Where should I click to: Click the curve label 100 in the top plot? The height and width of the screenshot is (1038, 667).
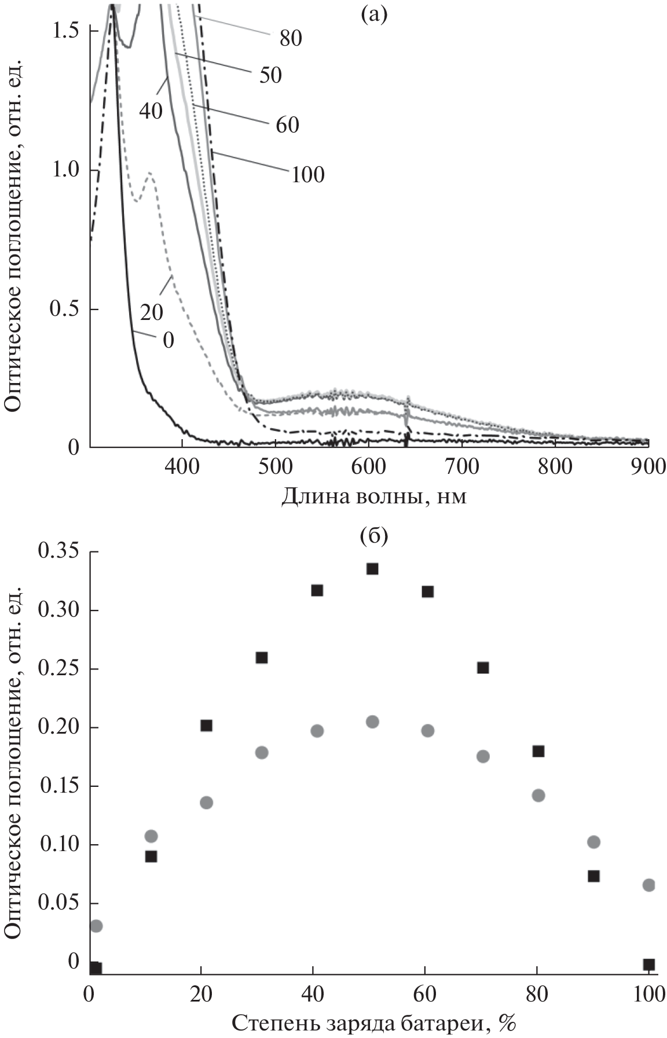pyautogui.click(x=307, y=174)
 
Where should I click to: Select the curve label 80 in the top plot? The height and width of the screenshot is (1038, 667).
pyautogui.click(x=291, y=38)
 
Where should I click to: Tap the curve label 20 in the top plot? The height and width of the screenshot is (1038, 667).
pyautogui.click(x=152, y=312)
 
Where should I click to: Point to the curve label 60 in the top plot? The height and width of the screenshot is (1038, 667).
pyautogui.click(x=287, y=124)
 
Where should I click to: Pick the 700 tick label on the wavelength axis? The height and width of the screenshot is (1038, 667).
pyautogui.click(x=461, y=467)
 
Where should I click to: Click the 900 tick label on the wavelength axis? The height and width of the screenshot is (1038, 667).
pyautogui.click(x=647, y=467)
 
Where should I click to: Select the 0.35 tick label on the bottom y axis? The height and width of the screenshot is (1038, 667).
pyautogui.click(x=58, y=553)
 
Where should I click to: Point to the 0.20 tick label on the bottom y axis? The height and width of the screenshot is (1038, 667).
pyautogui.click(x=58, y=728)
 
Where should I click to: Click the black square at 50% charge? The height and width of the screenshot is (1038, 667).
pyautogui.click(x=372, y=569)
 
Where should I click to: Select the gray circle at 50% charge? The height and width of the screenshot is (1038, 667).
pyautogui.click(x=372, y=722)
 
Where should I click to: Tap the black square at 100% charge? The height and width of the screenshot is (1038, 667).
pyautogui.click(x=649, y=964)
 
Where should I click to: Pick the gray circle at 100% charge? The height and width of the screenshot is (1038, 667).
pyautogui.click(x=649, y=885)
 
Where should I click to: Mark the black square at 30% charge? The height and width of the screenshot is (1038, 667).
pyautogui.click(x=262, y=657)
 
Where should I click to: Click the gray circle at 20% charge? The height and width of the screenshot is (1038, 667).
pyautogui.click(x=207, y=803)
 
